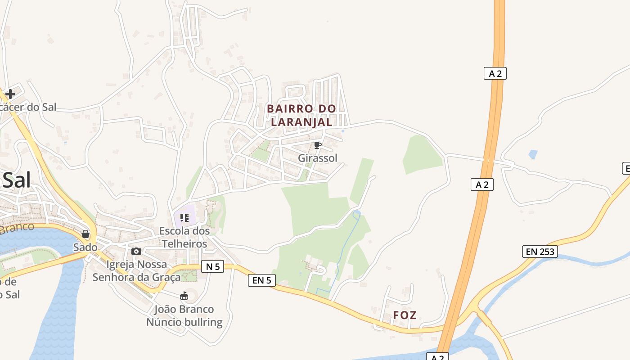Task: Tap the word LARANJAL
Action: coord(301,121)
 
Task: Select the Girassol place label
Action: coord(317,158)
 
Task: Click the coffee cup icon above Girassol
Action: coord(317,145)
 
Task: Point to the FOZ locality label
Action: coord(405,315)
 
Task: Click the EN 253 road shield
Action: coord(540,252)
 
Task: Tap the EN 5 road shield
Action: coord(261,280)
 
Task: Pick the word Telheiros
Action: coord(184,244)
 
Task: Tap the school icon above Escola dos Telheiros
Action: coord(184,218)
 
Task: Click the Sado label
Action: coord(85,247)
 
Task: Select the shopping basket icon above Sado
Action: coord(85,234)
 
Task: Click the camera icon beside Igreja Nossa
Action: coord(136,252)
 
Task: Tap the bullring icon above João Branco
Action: coord(184,296)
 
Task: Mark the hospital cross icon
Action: coord(10,94)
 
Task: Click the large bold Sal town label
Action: coord(17,180)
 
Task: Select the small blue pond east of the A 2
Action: coord(533,154)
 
